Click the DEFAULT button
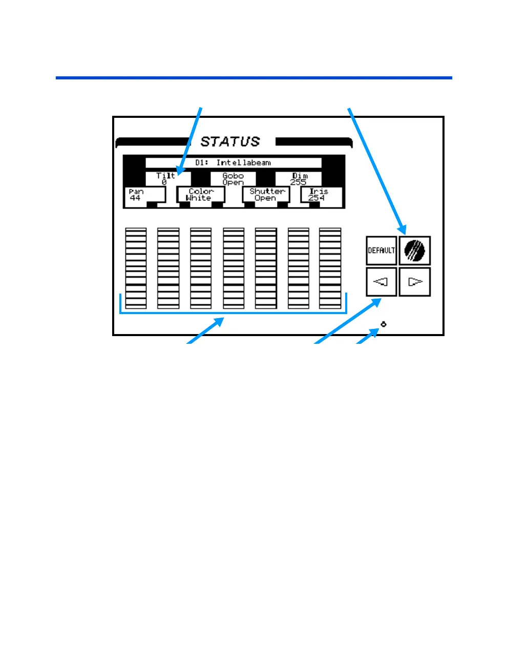click(x=382, y=251)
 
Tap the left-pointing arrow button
click(x=382, y=282)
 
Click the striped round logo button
click(x=415, y=251)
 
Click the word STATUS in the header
click(x=230, y=141)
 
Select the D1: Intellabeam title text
click(x=233, y=162)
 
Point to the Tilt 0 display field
click(x=166, y=178)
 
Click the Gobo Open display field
click(x=233, y=178)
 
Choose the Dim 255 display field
click(x=299, y=178)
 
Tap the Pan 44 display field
click(x=145, y=195)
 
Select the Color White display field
click(x=200, y=195)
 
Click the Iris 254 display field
click(x=321, y=195)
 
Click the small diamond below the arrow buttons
click(x=384, y=324)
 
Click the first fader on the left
click(x=136, y=268)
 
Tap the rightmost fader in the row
click(x=330, y=268)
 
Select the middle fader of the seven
click(x=234, y=268)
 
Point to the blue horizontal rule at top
click(x=253, y=78)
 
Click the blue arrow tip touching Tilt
click(x=178, y=174)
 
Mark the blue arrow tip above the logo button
click(x=405, y=233)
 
